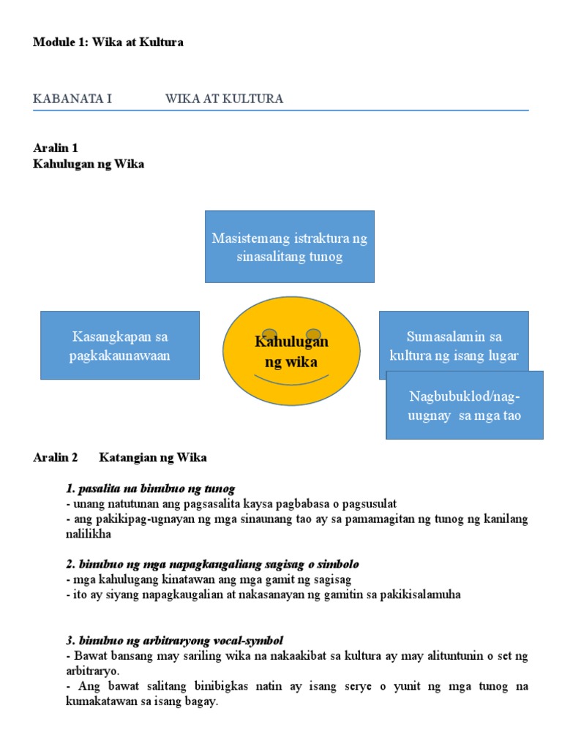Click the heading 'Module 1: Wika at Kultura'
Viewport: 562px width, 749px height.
coord(108,42)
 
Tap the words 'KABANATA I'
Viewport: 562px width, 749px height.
coord(72,99)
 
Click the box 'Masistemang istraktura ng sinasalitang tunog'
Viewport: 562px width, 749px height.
coord(290,246)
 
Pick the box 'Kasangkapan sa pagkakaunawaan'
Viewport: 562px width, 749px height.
coord(120,345)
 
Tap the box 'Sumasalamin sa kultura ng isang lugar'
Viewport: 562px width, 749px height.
coord(454,339)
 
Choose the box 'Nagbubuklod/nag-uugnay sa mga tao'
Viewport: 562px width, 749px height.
coord(465,406)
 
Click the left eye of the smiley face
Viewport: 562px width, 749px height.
coord(269,334)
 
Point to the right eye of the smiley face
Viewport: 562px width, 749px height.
coord(314,334)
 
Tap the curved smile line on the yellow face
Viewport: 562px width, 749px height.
coord(291,380)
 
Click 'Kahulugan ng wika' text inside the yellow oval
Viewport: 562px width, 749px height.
coord(291,352)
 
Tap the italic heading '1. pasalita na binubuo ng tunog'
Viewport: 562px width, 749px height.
coord(150,489)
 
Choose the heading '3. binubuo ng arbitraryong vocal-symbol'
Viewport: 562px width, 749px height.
coord(174,641)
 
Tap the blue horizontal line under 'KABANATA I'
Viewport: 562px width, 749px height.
coord(281,110)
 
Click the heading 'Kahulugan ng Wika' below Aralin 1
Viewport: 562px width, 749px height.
coord(89,164)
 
